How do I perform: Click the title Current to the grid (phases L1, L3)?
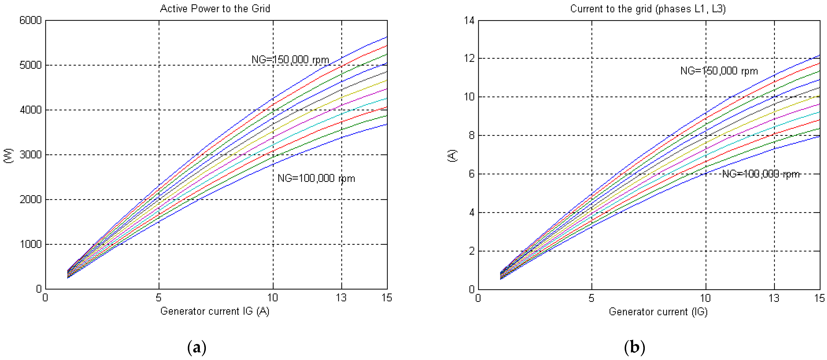click(x=648, y=9)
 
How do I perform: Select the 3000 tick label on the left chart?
click(x=31, y=155)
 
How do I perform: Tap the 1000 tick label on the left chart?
click(x=31, y=244)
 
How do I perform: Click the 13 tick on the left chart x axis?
click(x=341, y=298)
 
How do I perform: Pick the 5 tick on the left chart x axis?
click(x=159, y=298)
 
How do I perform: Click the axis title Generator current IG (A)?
click(x=215, y=311)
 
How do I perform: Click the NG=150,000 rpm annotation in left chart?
click(x=290, y=60)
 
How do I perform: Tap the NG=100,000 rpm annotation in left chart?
click(x=316, y=178)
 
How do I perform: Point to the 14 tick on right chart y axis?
click(x=469, y=21)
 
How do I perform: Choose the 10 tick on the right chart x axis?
click(x=705, y=298)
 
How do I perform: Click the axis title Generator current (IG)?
click(x=658, y=312)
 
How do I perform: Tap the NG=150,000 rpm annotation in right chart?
click(x=719, y=71)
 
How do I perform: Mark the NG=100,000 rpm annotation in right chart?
click(x=761, y=174)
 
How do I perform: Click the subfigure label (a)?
click(x=197, y=348)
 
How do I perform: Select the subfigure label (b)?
click(x=634, y=348)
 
